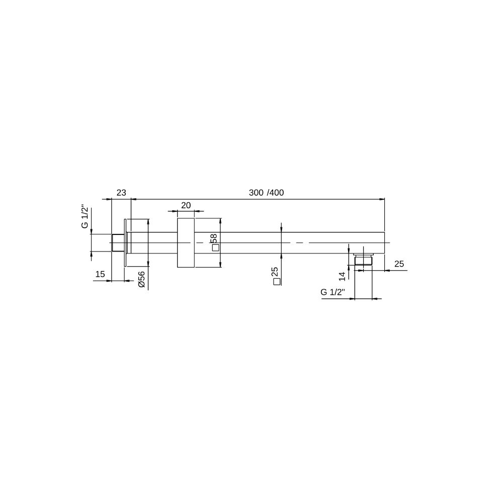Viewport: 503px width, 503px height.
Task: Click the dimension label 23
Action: [121, 193]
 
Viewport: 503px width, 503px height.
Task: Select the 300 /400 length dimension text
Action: [266, 193]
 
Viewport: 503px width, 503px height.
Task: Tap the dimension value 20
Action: [186, 205]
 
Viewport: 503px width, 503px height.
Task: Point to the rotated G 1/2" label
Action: [85, 216]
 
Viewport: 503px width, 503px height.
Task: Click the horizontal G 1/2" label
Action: [332, 292]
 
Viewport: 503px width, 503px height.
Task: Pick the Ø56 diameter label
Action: [141, 279]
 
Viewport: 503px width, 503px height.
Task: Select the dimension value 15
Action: [100, 274]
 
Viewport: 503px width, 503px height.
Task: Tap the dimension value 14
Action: [342, 277]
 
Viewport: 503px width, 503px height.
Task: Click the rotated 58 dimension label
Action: [214, 238]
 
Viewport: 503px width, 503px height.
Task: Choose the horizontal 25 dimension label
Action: [399, 264]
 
